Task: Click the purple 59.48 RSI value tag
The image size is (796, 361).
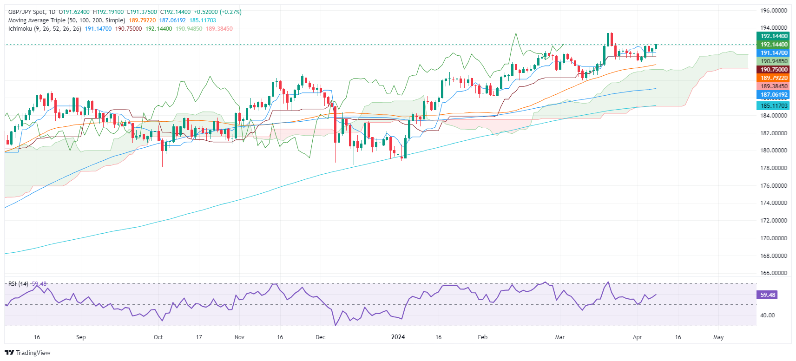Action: coord(767,295)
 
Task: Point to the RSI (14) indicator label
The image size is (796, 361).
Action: coord(18,284)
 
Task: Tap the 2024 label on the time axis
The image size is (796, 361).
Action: coord(398,337)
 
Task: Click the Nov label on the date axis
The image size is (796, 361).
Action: coord(239,337)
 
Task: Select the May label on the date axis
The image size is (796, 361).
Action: coord(718,337)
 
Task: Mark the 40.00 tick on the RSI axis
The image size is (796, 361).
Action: coord(767,315)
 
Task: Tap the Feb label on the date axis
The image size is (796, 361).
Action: coord(483,337)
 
